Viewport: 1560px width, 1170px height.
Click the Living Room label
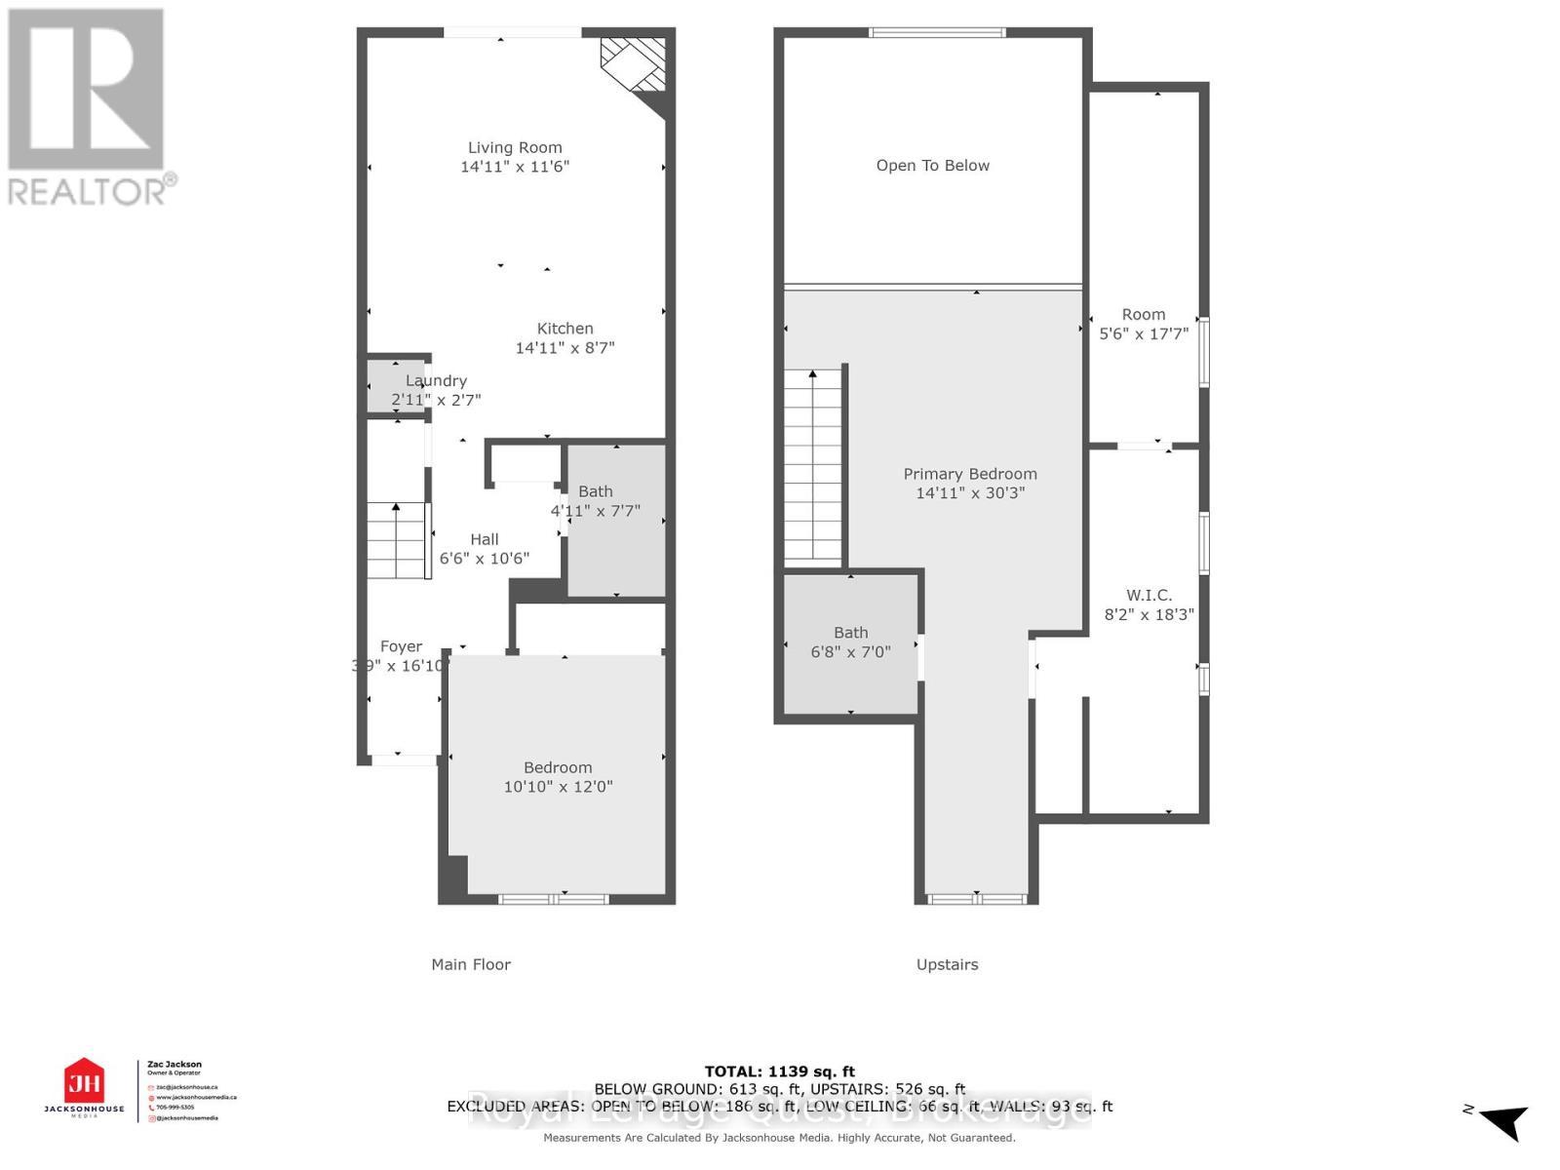point(515,148)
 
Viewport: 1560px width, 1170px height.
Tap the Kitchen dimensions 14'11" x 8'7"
point(565,348)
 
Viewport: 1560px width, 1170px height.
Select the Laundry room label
point(436,381)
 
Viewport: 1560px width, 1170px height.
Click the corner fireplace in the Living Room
point(635,65)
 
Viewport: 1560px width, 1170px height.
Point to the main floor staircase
point(397,541)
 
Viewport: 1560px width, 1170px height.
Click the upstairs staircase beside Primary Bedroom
point(813,465)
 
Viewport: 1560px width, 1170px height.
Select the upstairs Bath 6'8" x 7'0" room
point(850,643)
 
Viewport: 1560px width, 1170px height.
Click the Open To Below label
point(932,166)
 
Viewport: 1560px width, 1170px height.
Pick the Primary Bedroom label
point(969,475)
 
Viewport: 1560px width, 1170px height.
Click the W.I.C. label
point(1149,596)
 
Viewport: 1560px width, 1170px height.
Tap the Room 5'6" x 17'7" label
point(1143,315)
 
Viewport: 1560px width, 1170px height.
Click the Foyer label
point(401,646)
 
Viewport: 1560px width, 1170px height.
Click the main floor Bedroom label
point(557,768)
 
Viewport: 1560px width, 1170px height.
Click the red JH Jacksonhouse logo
point(84,1082)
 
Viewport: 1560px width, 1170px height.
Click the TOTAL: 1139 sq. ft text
point(779,1072)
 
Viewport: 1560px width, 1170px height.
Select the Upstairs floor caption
point(947,964)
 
